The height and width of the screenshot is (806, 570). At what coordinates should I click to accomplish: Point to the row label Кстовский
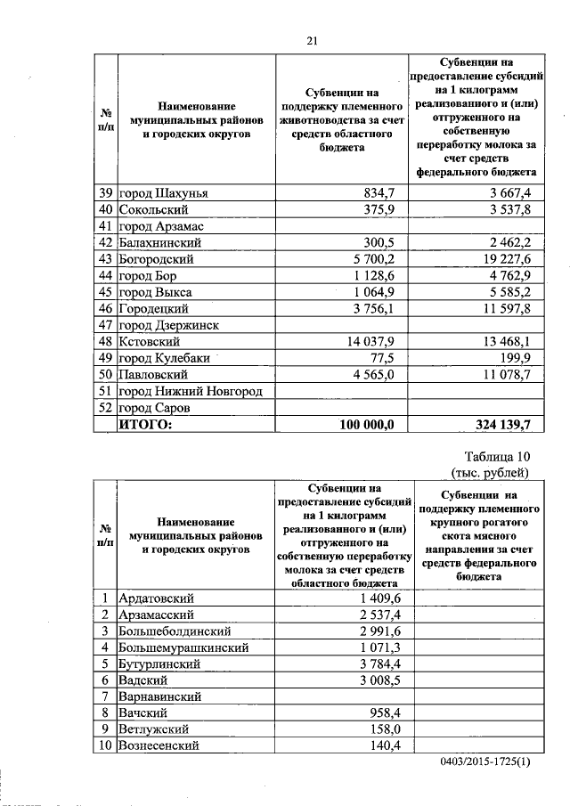pos(151,341)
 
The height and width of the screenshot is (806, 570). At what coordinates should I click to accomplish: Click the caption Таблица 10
pos(493,457)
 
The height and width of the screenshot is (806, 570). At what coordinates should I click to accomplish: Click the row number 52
pos(105,408)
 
